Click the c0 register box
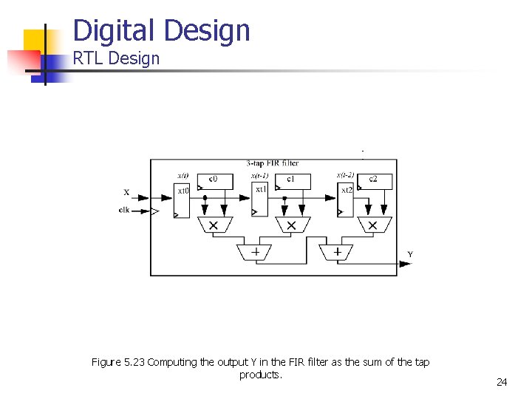click(x=213, y=180)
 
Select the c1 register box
click(x=291, y=180)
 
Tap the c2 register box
click(x=372, y=180)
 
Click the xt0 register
click(x=183, y=199)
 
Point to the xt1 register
click(x=261, y=199)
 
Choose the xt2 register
click(x=346, y=199)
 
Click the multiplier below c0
click(x=214, y=225)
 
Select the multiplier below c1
click(x=291, y=225)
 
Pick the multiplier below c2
click(x=372, y=225)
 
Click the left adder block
click(x=255, y=252)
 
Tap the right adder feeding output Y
click(x=337, y=252)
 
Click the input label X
click(x=126, y=193)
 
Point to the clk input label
click(x=125, y=210)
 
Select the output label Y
click(x=410, y=255)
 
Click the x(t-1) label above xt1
click(x=261, y=176)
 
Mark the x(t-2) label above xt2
click(x=345, y=175)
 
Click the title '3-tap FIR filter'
click(x=273, y=163)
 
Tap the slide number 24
click(x=502, y=382)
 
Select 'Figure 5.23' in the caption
click(x=118, y=362)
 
